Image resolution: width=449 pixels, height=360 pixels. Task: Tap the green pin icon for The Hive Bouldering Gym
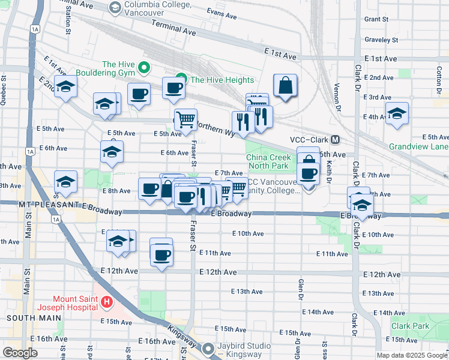[145, 66]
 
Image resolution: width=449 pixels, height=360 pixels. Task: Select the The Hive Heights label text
[222, 80]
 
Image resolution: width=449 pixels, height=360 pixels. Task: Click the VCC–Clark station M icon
[336, 139]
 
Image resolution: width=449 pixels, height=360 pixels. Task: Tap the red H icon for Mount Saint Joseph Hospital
[106, 301]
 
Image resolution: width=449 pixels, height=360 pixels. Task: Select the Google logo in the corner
[19, 353]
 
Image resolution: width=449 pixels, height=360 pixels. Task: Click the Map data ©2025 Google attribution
[412, 355]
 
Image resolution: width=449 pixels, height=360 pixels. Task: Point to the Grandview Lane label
[418, 146]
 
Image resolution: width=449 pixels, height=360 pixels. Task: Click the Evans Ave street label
[219, 12]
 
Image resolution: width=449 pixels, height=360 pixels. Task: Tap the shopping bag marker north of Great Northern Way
[286, 86]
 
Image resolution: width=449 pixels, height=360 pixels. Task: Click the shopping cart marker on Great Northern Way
[185, 119]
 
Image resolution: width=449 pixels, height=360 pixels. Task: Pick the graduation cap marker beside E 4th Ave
[397, 114]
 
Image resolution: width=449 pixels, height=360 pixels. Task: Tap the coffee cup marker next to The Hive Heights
[173, 88]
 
